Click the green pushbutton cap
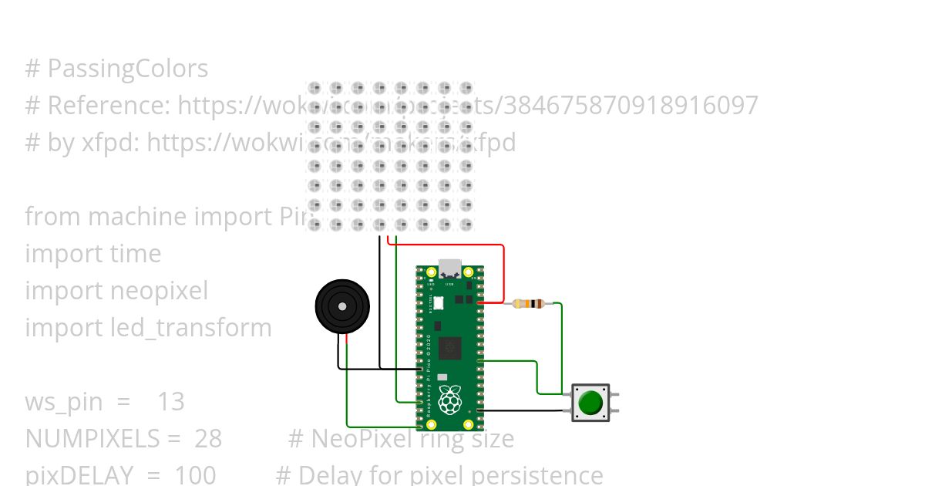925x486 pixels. pyautogui.click(x=590, y=403)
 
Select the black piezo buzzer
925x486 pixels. pyautogui.click(x=342, y=306)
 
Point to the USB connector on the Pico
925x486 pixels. pyautogui.click(x=449, y=268)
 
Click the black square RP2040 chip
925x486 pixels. pyautogui.click(x=449, y=349)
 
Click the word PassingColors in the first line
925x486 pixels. pyautogui.click(x=128, y=69)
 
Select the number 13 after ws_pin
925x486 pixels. pyautogui.click(x=171, y=402)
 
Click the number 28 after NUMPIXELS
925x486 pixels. pyautogui.click(x=207, y=439)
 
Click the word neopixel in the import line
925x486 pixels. pyautogui.click(x=159, y=291)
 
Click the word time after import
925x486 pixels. pyautogui.click(x=136, y=254)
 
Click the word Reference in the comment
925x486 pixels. pyautogui.click(x=107, y=106)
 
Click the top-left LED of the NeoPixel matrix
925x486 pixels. pyautogui.click(x=314, y=88)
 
